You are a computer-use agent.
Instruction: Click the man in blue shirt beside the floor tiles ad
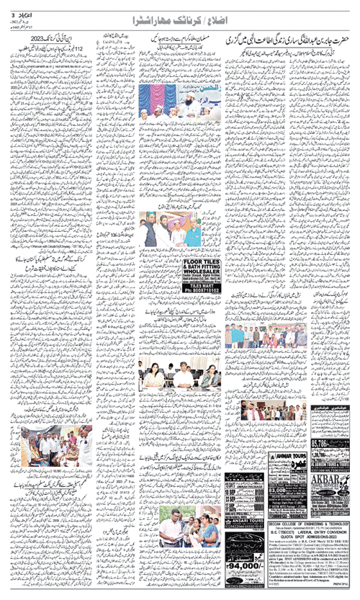point(192,230)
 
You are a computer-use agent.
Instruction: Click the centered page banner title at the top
point(180,15)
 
